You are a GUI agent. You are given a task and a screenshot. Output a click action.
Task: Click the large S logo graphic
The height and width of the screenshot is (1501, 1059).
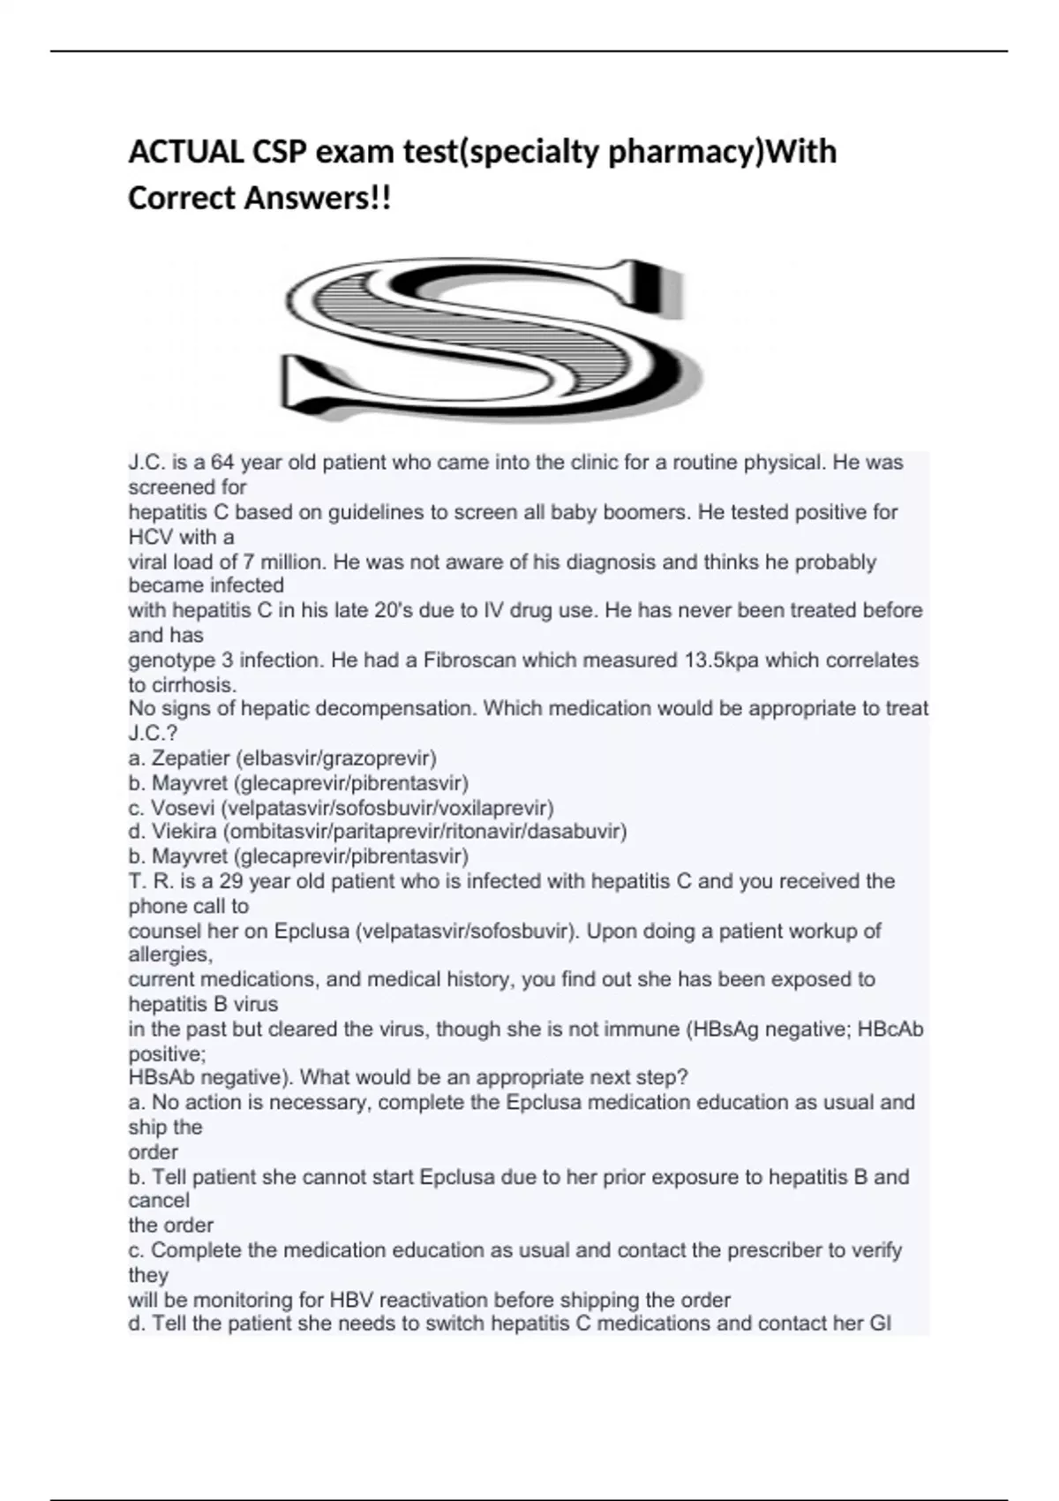coord(490,340)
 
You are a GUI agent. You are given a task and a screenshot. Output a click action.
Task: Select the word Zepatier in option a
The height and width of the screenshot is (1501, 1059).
coord(189,758)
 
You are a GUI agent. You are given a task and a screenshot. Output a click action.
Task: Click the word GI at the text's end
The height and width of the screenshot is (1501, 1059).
coord(880,1324)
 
